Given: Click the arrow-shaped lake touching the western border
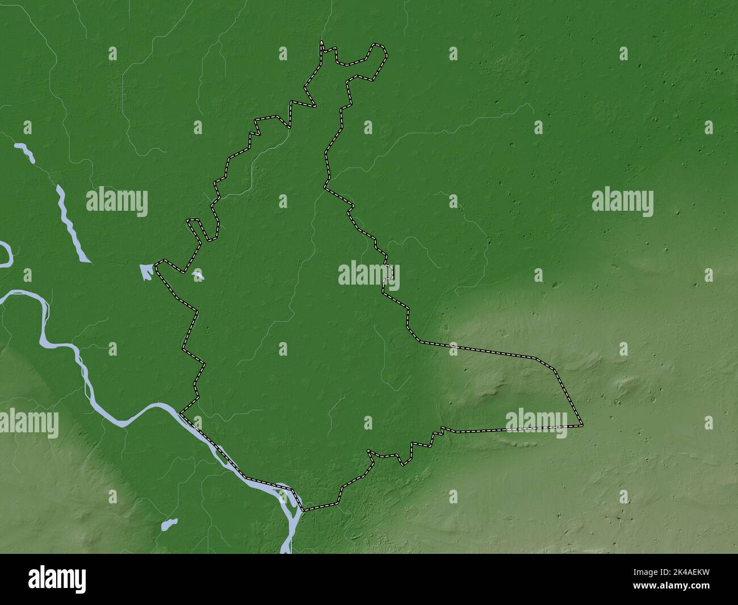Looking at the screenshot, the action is (x=146, y=271).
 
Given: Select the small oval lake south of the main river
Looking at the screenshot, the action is (x=169, y=523).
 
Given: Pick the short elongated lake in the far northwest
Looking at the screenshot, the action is (x=24, y=152).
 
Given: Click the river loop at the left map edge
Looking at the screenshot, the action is (x=6, y=254).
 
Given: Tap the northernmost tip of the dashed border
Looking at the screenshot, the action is (x=322, y=43).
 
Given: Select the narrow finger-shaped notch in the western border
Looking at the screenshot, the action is (x=196, y=228).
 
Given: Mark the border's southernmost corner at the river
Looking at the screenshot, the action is (x=303, y=510).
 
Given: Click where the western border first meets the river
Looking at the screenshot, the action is (x=181, y=413).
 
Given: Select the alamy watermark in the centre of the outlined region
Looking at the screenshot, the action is (x=369, y=274).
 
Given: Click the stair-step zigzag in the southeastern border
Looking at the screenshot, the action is (x=431, y=437).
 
